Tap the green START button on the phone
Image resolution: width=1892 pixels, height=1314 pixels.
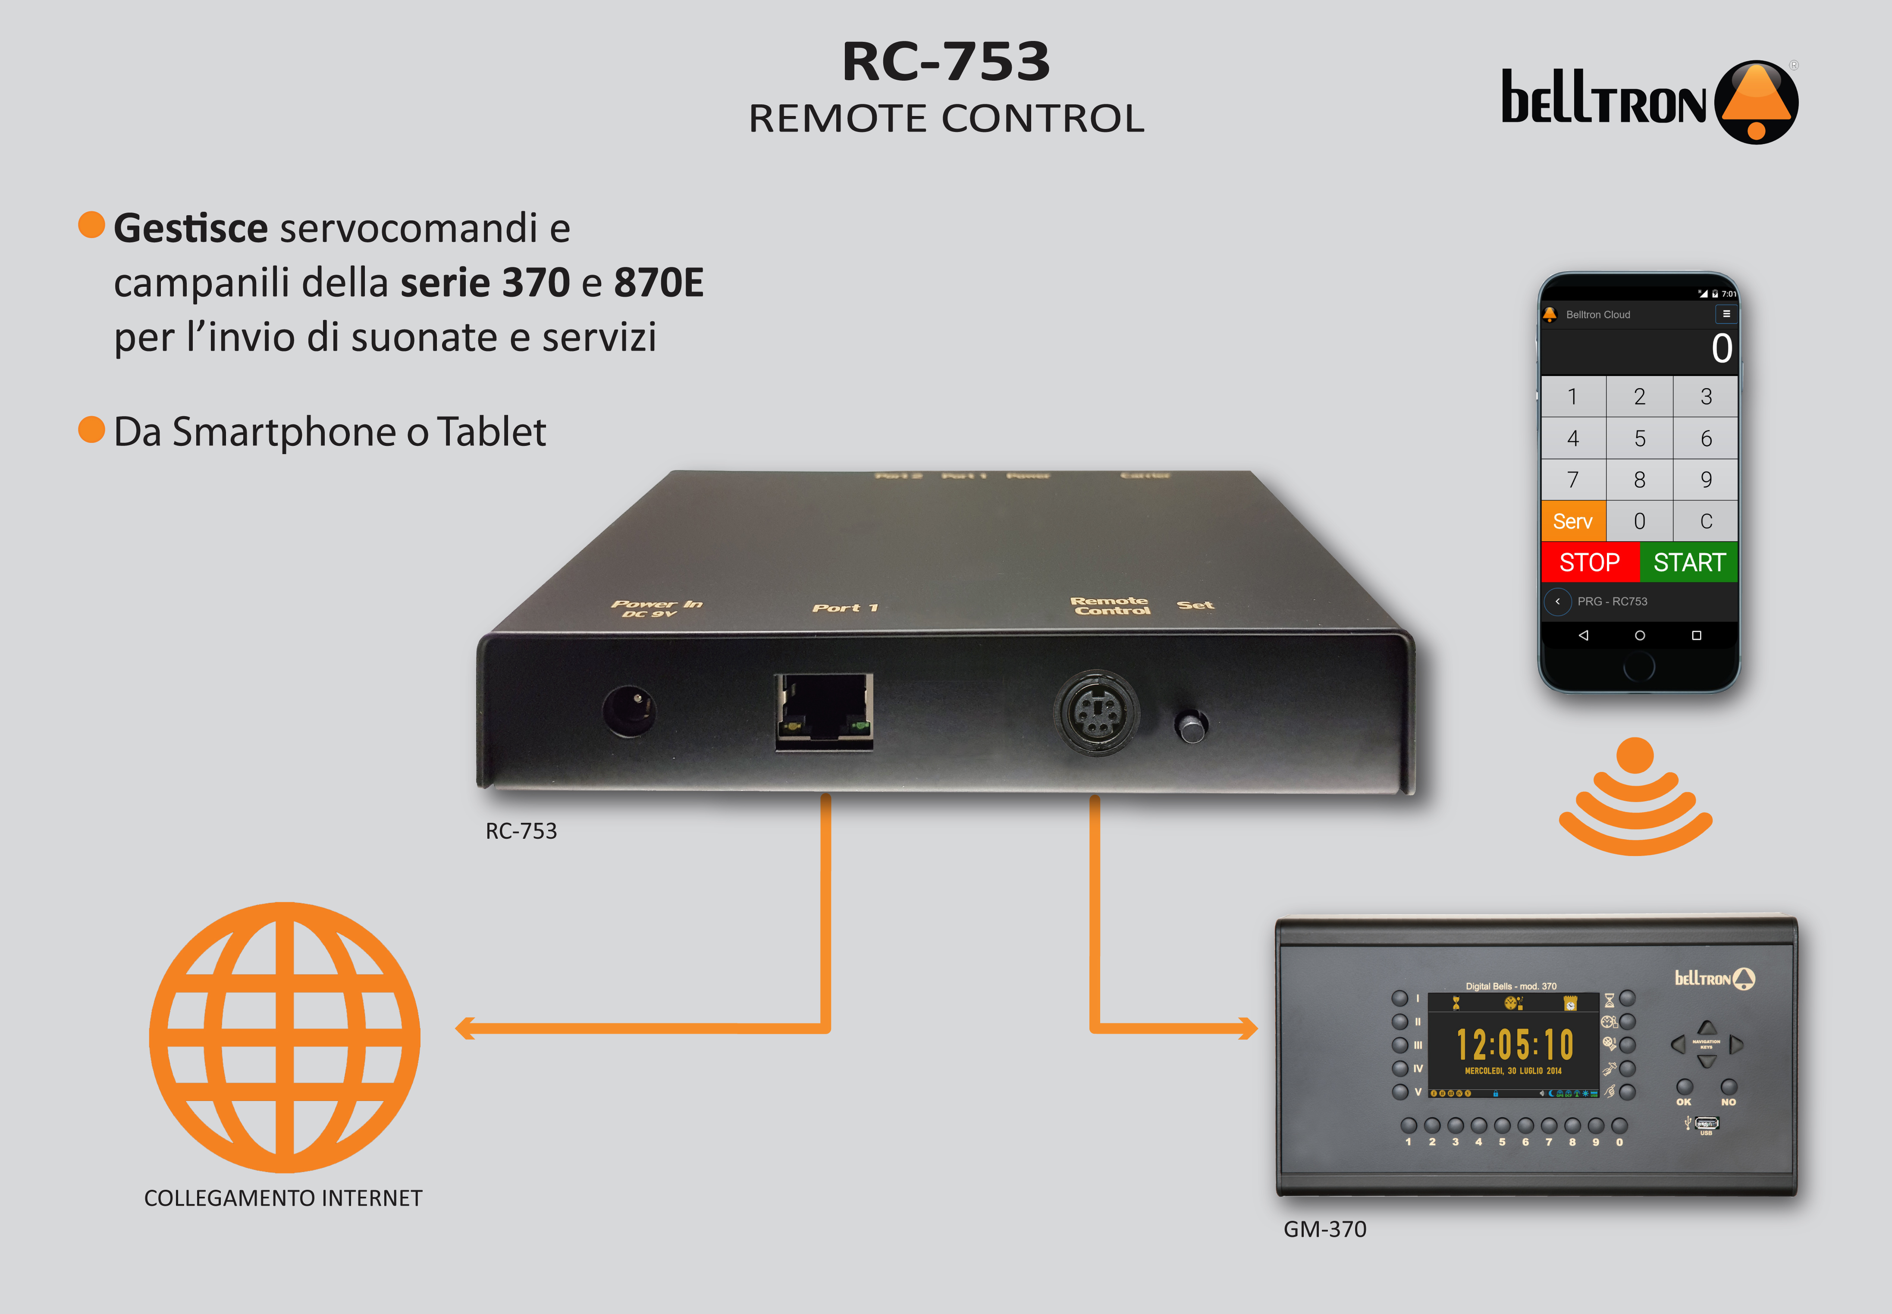1688,562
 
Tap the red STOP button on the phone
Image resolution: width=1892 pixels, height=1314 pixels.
1589,562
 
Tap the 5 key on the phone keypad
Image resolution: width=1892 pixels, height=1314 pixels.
1639,438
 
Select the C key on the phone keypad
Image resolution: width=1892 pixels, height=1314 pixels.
1706,521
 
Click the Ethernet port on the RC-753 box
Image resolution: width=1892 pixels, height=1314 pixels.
823,711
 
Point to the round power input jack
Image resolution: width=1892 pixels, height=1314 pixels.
629,710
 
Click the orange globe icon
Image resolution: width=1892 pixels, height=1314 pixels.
284,1038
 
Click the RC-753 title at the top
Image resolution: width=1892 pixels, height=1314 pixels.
946,62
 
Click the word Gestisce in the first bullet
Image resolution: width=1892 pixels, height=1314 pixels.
190,228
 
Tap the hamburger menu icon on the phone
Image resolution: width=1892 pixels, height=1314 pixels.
1726,314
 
